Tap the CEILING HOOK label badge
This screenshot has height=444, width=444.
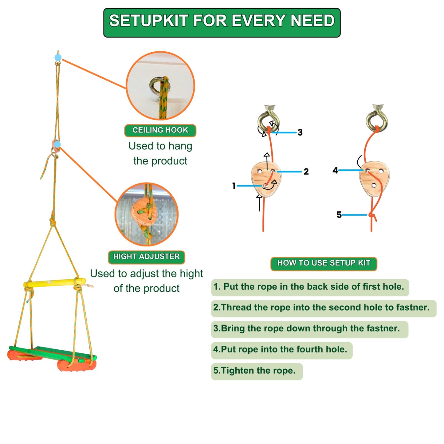point(160,130)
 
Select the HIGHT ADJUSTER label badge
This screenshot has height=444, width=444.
point(146,257)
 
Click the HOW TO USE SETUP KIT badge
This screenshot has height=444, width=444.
point(324,263)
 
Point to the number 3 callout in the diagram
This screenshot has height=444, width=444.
point(300,132)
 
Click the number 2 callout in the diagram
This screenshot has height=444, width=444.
point(306,171)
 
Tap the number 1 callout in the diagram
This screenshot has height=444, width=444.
point(234,186)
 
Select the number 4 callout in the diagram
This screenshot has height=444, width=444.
point(335,170)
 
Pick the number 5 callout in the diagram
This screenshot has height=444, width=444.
point(339,214)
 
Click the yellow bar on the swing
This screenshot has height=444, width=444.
point(54,282)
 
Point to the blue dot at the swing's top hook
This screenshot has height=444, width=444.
point(58,57)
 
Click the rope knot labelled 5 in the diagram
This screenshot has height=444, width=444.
point(372,215)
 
